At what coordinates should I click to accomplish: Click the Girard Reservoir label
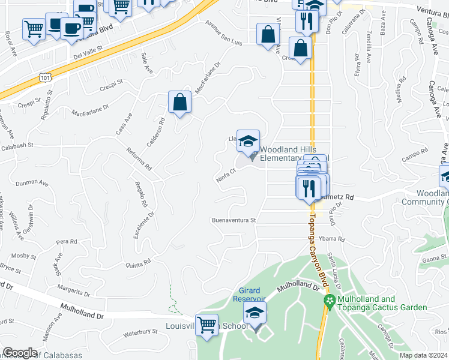pos(250,295)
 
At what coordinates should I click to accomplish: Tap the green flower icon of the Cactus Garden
pos(328,300)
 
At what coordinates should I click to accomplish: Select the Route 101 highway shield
pos(44,77)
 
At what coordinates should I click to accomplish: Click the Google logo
pos(20,352)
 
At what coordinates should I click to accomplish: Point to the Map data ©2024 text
pos(424,355)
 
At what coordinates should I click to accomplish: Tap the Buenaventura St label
pos(234,220)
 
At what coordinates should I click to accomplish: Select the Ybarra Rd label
pos(332,239)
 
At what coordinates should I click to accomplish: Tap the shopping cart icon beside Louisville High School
pos(206,325)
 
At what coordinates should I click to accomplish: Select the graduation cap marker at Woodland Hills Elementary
pos(248,142)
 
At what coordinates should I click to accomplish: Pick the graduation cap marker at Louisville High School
pos(255,313)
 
